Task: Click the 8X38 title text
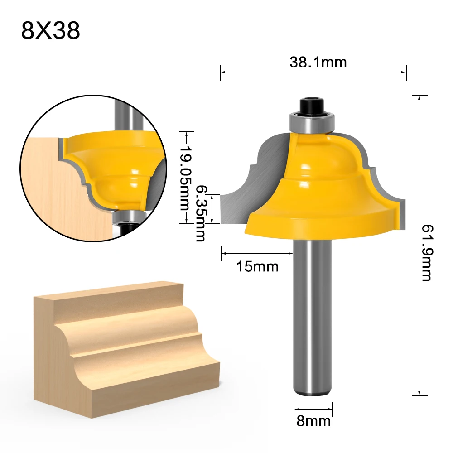(51, 31)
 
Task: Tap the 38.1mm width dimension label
(318, 62)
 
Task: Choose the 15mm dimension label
(257, 266)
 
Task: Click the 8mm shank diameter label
(313, 421)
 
